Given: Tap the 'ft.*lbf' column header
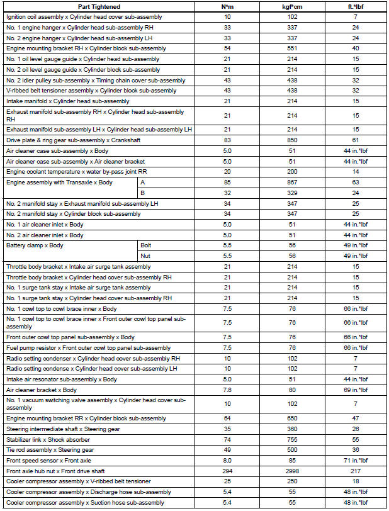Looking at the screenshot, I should click(356, 7).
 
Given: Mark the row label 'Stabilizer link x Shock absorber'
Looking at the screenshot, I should click(48, 439).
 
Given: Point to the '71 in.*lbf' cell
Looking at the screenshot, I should click(356, 460).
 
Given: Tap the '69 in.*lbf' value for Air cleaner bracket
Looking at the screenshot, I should click(356, 390).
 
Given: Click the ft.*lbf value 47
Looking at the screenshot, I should click(356, 418).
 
